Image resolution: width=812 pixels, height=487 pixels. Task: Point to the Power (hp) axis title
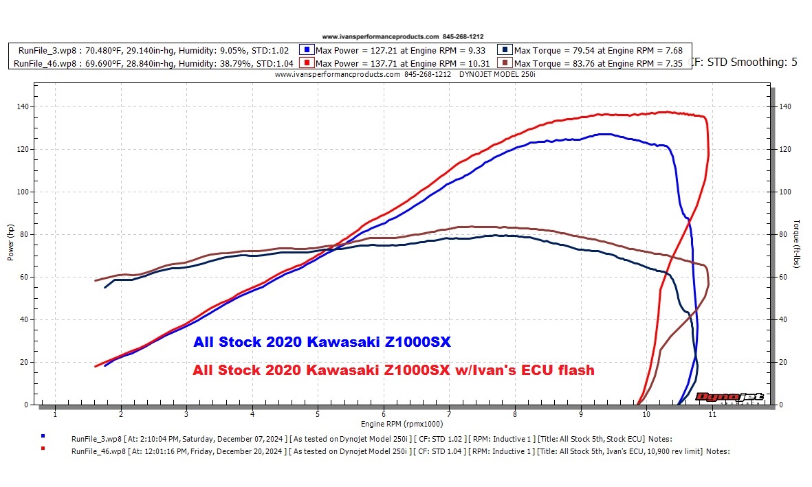(10, 242)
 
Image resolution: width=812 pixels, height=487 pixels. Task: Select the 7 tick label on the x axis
(449, 414)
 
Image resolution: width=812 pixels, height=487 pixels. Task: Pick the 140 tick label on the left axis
(23, 106)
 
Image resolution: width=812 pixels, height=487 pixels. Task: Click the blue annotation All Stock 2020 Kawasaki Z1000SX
(322, 342)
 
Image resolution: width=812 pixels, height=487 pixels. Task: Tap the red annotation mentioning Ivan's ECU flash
(393, 370)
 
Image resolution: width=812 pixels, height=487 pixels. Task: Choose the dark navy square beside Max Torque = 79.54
(506, 50)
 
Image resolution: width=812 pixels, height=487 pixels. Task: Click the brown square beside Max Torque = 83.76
(506, 63)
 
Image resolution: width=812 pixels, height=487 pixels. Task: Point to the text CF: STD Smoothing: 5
(743, 63)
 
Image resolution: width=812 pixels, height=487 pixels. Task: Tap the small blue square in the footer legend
(43, 435)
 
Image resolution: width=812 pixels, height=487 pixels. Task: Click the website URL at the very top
(380, 36)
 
